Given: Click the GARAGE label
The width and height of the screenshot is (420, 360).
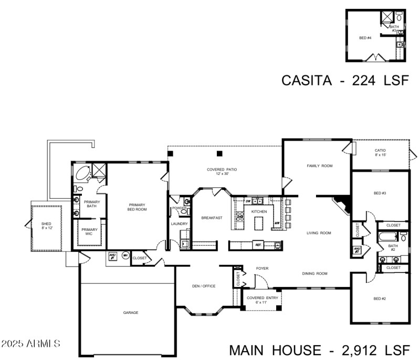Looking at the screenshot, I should tap(131, 313).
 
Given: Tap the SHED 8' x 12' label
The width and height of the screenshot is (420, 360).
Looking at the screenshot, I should tap(46, 226).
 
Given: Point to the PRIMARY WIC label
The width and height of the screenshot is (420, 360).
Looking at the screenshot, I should tap(89, 231).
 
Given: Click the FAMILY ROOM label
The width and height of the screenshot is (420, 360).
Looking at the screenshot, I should tap(320, 166).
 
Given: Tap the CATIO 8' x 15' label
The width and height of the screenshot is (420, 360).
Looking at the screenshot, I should tap(380, 153).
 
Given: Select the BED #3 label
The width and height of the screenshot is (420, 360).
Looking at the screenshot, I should tap(380, 194).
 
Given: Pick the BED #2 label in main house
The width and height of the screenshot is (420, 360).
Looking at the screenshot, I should tap(380, 299).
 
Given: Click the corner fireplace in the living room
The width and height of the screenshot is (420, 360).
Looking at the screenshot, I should tap(342, 204).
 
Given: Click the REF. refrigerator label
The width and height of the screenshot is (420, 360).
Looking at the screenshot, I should tap(258, 245).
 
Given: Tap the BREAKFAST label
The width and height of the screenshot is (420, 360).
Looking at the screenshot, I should tap(212, 218).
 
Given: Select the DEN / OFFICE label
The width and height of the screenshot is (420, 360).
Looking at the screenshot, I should tap(204, 286).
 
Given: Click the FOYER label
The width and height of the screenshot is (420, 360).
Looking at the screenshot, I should tap(262, 269).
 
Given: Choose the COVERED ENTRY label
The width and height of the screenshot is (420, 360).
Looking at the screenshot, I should tap(257, 300).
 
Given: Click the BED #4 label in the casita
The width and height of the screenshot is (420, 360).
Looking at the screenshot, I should tap(365, 38).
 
